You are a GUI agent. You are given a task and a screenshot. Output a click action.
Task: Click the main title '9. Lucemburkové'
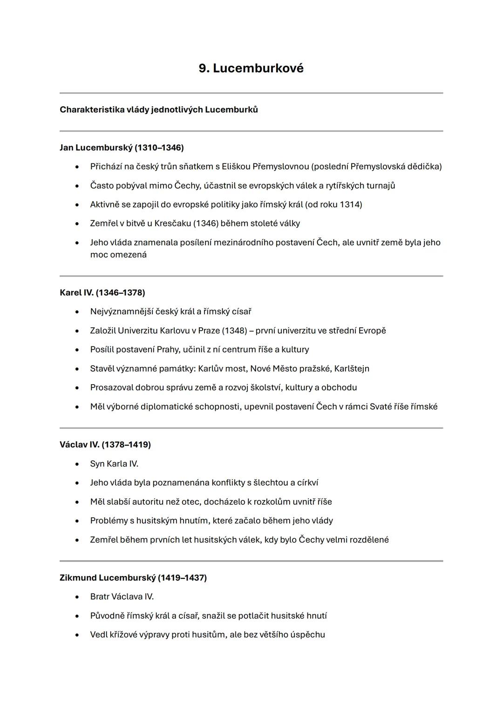click(x=251, y=68)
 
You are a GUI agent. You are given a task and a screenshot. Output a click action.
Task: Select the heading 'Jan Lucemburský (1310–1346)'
click(x=122, y=148)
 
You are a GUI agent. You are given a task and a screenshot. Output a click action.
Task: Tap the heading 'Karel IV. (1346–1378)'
click(x=102, y=293)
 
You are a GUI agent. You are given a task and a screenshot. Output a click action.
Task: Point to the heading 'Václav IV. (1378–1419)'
click(x=105, y=445)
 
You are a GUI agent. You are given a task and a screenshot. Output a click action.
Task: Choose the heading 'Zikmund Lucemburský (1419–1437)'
click(x=133, y=578)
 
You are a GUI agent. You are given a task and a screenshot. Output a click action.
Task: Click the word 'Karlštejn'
click(x=352, y=369)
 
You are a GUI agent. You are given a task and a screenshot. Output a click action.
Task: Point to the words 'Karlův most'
click(x=222, y=369)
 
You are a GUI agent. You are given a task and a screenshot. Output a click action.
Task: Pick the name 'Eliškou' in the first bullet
click(x=236, y=167)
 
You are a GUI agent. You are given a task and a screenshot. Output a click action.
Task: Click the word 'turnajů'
click(x=381, y=186)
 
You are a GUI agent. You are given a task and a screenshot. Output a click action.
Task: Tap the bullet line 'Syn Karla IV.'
click(x=114, y=464)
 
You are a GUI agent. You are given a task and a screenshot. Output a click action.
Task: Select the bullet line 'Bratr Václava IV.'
click(x=122, y=597)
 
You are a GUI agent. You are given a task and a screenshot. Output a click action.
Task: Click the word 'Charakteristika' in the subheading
click(x=92, y=110)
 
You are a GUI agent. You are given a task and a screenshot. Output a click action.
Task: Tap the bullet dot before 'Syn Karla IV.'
click(x=77, y=464)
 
